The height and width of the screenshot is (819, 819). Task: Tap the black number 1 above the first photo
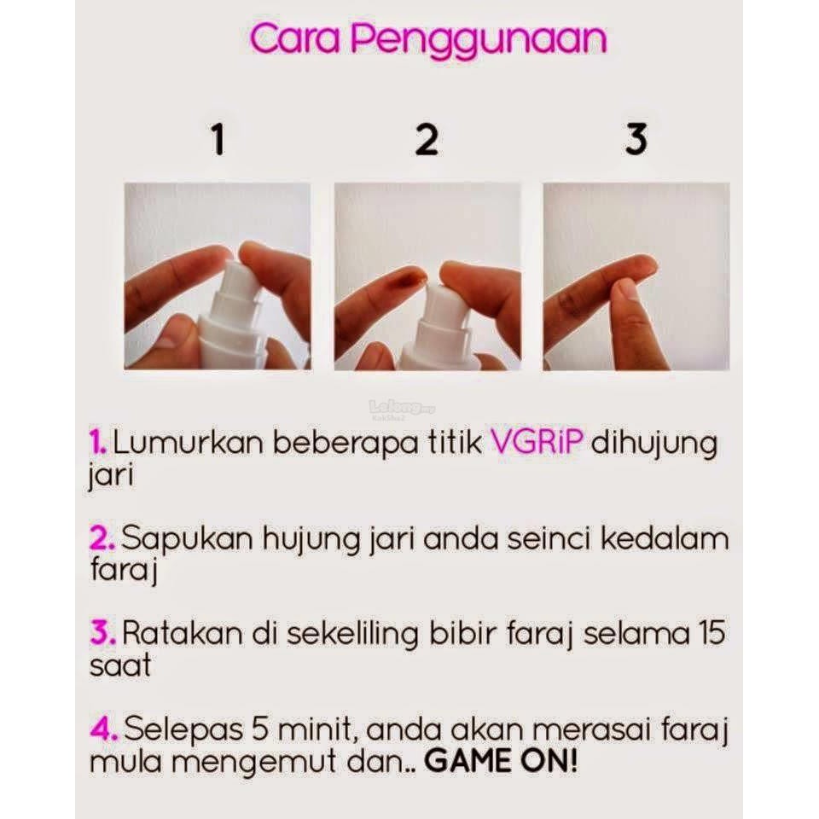[x=218, y=139]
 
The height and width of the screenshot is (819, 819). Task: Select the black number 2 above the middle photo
[x=427, y=139]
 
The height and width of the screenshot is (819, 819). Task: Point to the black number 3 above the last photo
[x=636, y=139]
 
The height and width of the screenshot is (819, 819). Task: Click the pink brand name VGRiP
[x=537, y=444]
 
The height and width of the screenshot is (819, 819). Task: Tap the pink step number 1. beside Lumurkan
[x=97, y=444]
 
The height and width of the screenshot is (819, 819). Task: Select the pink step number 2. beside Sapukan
[x=102, y=538]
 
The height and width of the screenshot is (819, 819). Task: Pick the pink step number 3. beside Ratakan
[x=102, y=634]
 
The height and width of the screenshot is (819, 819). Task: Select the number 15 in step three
[x=712, y=634]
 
